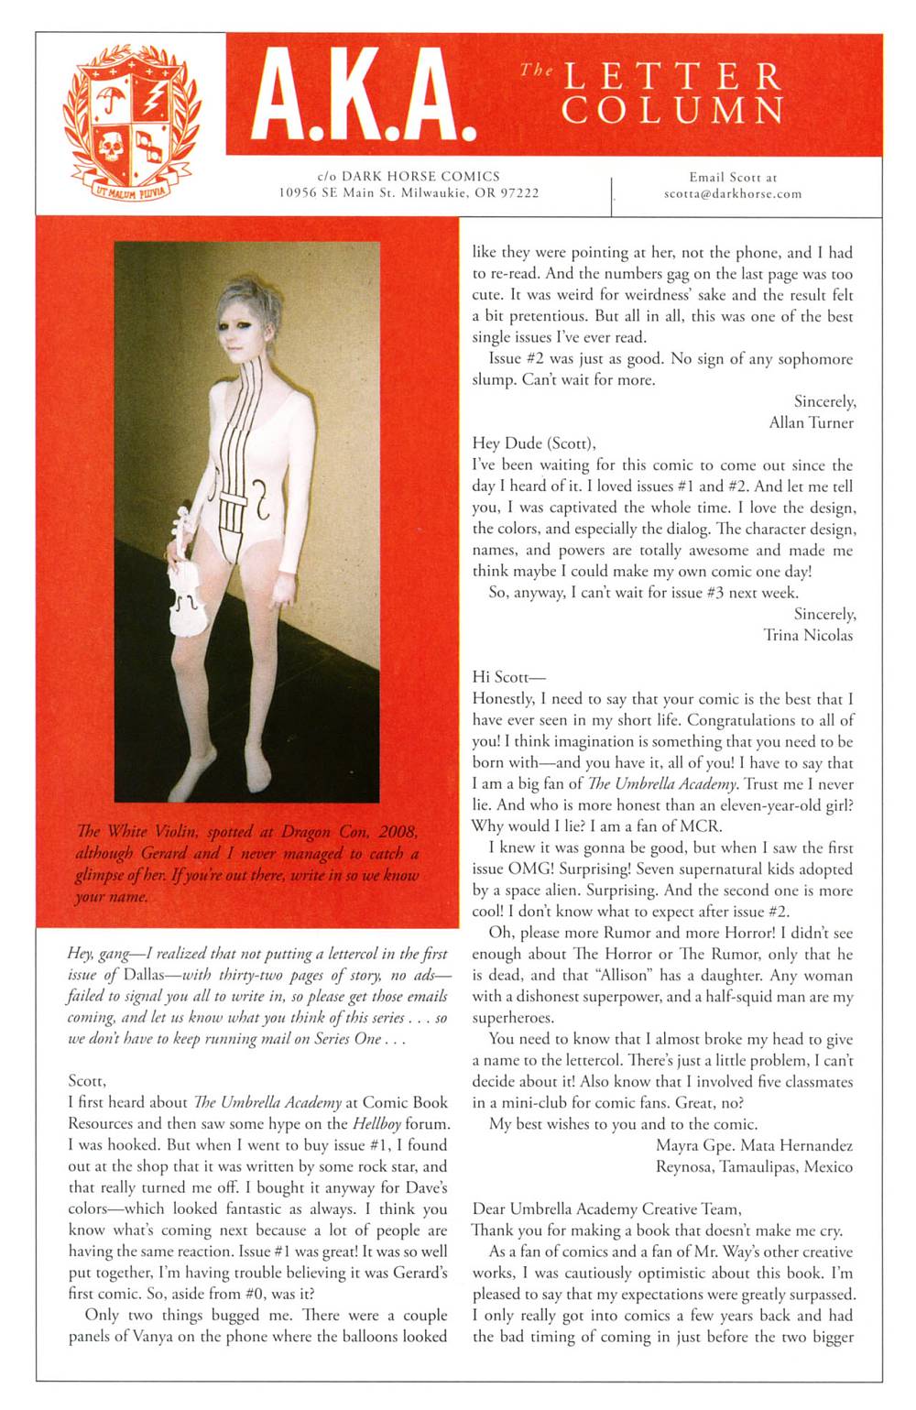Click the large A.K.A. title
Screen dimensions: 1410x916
tap(364, 95)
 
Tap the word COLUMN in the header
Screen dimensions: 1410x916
tap(673, 111)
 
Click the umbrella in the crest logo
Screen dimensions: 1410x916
tap(114, 97)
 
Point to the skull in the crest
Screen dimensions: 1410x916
tap(112, 147)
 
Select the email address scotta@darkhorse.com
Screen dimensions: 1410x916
tap(733, 194)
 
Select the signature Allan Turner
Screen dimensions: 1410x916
tap(811, 422)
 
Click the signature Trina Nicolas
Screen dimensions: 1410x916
tap(808, 635)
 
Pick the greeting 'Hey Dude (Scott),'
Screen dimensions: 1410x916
tap(534, 443)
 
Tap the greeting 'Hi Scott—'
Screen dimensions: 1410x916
tap(507, 677)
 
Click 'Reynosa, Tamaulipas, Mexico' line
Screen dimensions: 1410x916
tap(754, 1166)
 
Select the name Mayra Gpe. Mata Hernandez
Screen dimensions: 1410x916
tap(754, 1145)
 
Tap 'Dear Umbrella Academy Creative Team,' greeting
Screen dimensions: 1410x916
tap(606, 1208)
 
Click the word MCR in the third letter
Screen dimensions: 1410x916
tap(699, 826)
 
